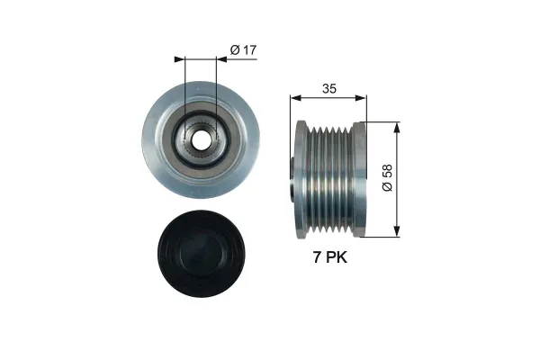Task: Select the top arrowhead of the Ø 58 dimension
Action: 395,125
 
